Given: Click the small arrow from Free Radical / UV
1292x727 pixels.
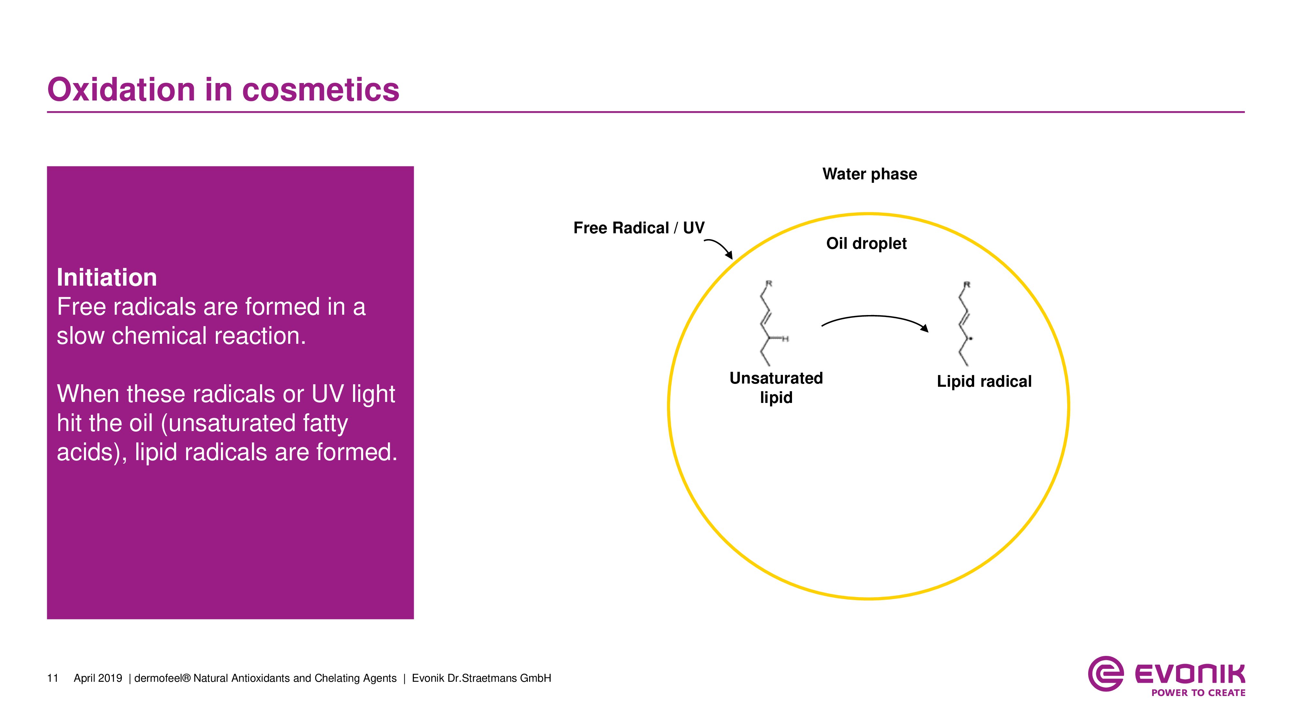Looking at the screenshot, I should [x=720, y=248].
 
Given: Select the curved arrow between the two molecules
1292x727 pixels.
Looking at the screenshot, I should [x=874, y=320].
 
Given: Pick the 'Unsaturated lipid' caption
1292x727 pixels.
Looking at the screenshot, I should [x=776, y=387].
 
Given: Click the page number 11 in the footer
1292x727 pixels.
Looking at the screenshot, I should [x=53, y=678].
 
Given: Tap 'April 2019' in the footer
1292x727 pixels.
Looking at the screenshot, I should [x=98, y=678].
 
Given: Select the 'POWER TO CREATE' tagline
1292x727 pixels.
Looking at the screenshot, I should [x=1198, y=693].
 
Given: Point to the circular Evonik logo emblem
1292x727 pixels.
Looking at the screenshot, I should [x=1105, y=673].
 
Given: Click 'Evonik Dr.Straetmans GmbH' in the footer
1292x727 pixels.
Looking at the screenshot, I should [x=481, y=678].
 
